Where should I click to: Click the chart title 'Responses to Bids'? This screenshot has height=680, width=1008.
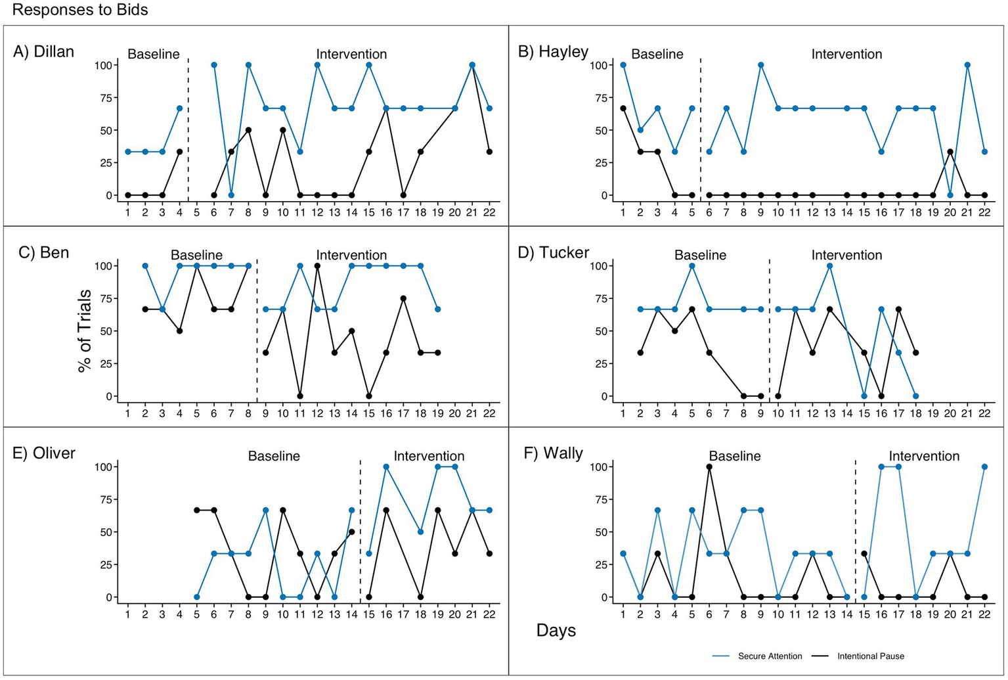[x=80, y=10]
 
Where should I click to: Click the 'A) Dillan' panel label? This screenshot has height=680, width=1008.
[x=43, y=52]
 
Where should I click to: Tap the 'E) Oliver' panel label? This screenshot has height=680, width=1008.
[x=44, y=453]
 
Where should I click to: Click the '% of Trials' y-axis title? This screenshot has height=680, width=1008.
[x=85, y=331]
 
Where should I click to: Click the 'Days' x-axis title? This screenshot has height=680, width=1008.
[x=556, y=631]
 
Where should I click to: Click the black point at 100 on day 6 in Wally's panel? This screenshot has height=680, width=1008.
[x=709, y=466]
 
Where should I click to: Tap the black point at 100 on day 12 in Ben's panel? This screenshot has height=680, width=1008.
[x=317, y=265]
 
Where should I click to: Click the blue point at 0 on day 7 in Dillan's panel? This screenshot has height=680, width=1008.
[x=231, y=195]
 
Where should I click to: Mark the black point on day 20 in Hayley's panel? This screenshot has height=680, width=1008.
[x=950, y=152]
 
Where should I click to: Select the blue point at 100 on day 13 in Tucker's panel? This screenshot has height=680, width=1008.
[x=829, y=265]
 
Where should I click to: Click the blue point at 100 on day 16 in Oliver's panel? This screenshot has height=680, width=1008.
[x=386, y=466]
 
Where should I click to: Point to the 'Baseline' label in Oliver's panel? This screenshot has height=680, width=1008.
[x=274, y=456]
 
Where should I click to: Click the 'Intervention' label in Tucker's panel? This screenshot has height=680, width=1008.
[x=846, y=255]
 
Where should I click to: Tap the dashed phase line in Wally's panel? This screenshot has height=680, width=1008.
[x=855, y=526]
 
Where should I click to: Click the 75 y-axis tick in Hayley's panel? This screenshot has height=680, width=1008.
[x=600, y=98]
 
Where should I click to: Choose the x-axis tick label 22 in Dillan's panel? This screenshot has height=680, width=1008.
[x=489, y=212]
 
